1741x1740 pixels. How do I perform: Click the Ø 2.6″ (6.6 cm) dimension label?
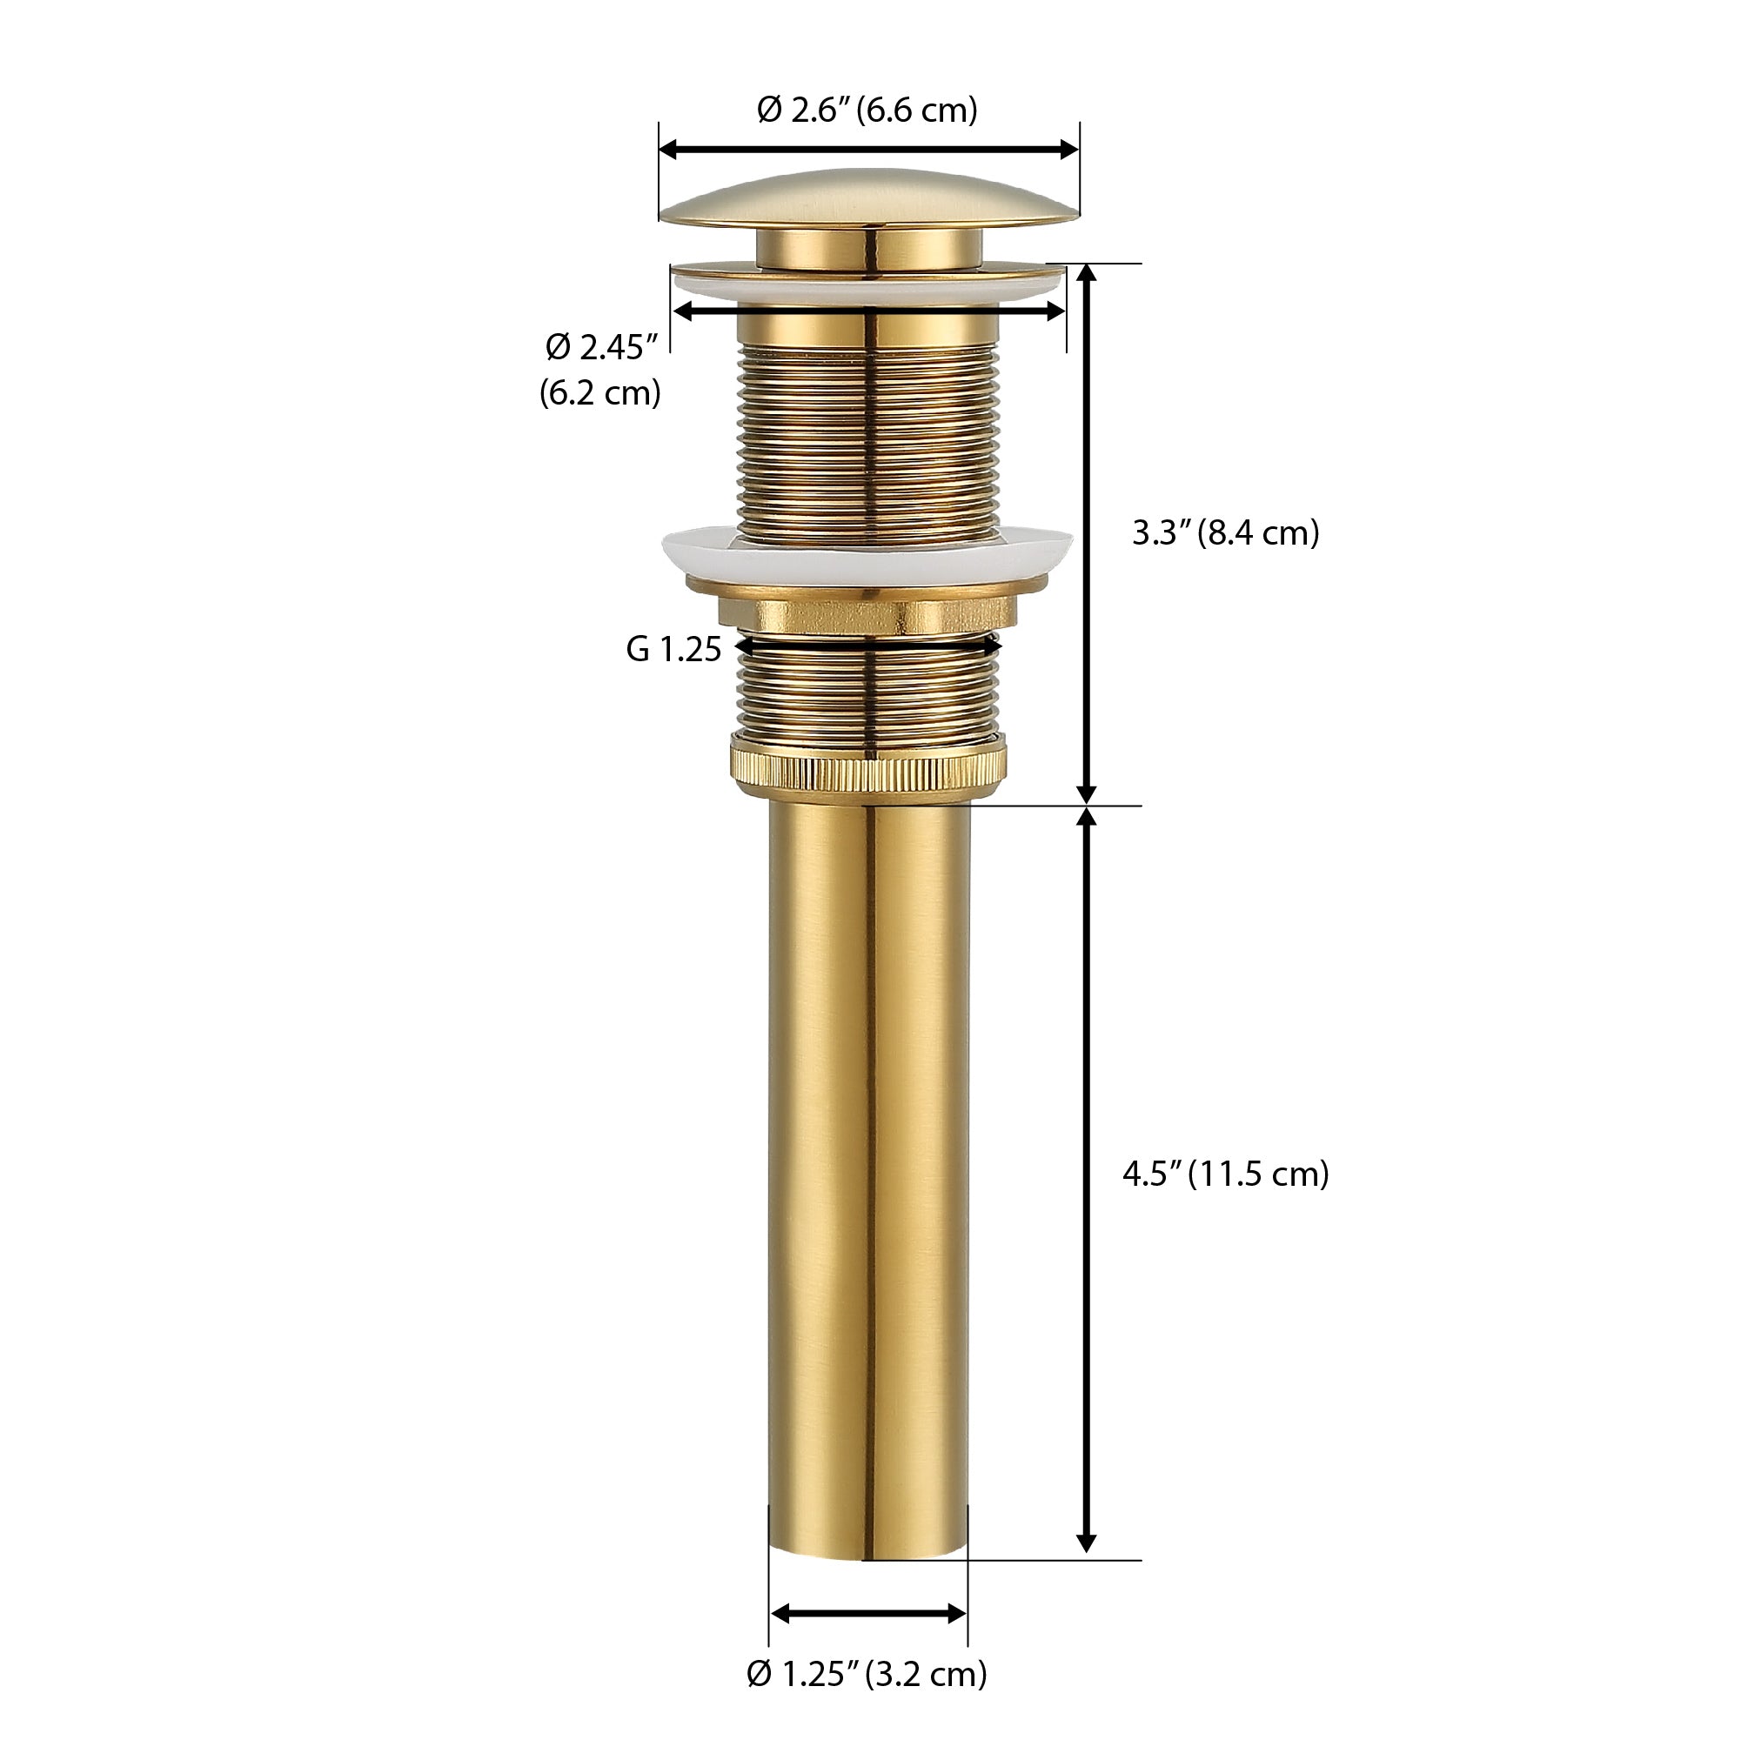[867, 110]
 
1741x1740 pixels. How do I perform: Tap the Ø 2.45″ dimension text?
[602, 347]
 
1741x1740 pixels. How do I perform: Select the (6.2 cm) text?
[600, 393]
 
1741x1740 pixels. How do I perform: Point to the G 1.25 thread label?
[673, 649]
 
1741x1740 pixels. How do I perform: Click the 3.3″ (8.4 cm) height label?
[1226, 533]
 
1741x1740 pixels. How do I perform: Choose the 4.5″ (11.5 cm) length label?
[1226, 1175]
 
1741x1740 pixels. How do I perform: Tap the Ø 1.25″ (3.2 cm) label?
[867, 1674]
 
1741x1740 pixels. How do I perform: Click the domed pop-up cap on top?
[868, 197]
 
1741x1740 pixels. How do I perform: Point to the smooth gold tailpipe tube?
[868, 1171]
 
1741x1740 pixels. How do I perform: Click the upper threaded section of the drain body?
[868, 432]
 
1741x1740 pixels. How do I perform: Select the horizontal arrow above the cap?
[868, 150]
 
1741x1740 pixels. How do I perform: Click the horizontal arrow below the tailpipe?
[868, 1614]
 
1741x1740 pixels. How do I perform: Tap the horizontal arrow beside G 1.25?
[868, 646]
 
